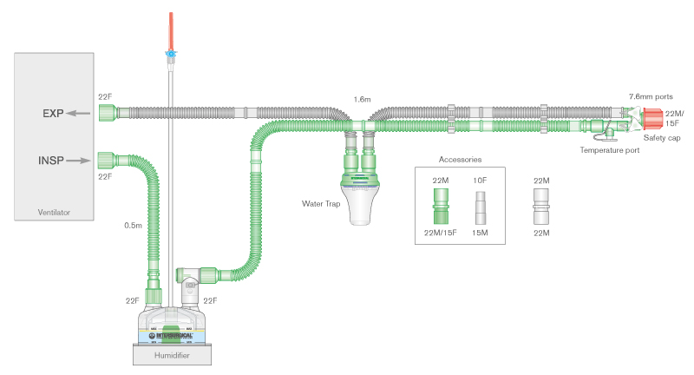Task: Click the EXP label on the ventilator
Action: [54, 113]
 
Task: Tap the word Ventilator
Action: [53, 212]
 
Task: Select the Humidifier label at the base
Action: [172, 355]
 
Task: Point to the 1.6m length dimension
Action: [363, 100]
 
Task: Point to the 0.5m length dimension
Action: [133, 226]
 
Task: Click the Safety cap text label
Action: [662, 138]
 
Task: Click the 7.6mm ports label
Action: [651, 96]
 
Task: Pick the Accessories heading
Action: [460, 160]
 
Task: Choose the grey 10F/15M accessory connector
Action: [481, 208]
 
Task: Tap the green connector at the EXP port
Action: [107, 112]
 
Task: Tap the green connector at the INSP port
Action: [107, 159]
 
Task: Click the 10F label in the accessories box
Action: [481, 180]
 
